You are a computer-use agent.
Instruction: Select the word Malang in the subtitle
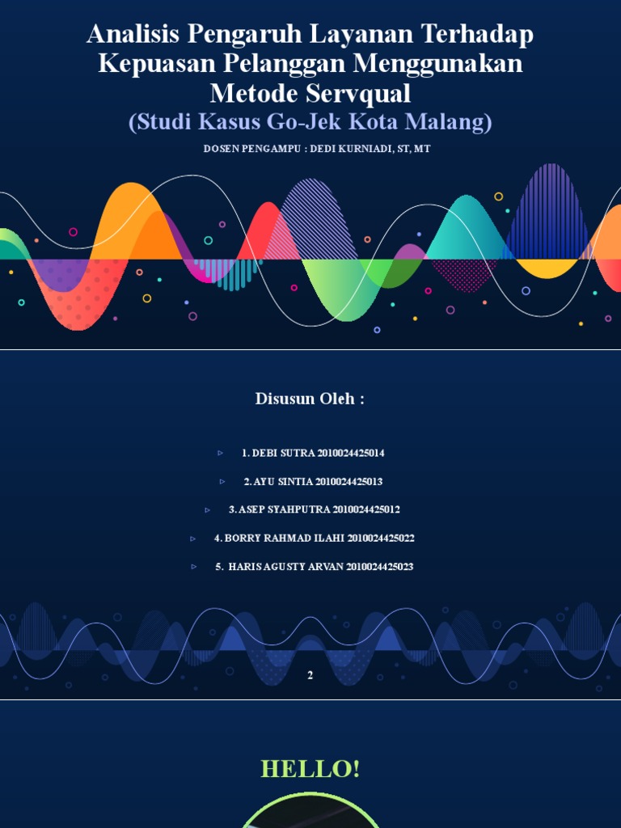coord(450,122)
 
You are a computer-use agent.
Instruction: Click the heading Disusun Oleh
coord(310,399)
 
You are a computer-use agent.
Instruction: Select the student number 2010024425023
coord(380,567)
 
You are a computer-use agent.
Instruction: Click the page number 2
coord(310,675)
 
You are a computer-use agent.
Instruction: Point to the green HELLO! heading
coord(310,769)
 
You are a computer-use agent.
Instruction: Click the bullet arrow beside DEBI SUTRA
coord(221,453)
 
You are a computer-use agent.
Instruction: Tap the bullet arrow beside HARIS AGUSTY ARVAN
coord(194,567)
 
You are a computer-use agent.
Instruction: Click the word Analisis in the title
coord(133,35)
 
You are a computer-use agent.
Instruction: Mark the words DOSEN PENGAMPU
coord(240,150)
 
